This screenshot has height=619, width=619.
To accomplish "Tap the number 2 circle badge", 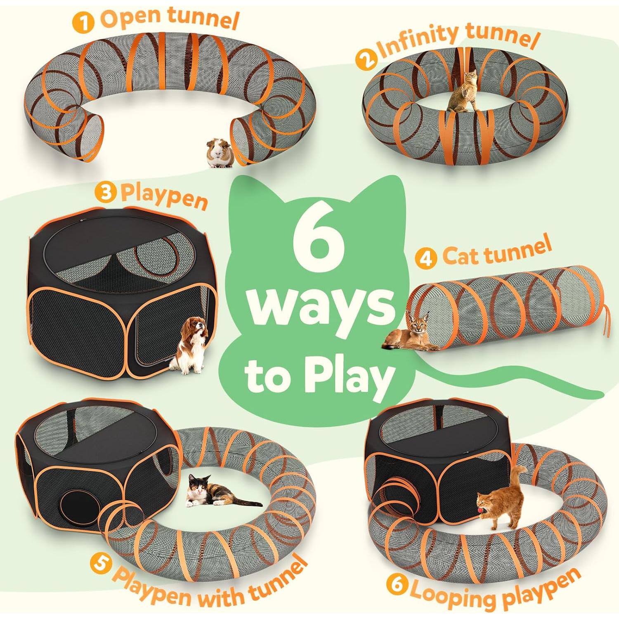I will [366, 59].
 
